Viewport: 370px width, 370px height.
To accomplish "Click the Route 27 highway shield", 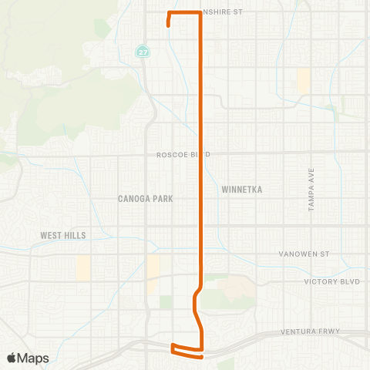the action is pyautogui.click(x=143, y=52).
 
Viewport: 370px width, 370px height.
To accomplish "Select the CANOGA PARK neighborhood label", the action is pyautogui.click(x=146, y=198).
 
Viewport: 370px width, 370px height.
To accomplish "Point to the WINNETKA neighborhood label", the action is pyautogui.click(x=241, y=189).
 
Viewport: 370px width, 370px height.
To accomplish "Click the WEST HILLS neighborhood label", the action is pyautogui.click(x=64, y=235).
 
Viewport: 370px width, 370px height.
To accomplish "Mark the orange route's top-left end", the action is pyautogui.click(x=168, y=25).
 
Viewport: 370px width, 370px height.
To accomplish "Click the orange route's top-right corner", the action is pyautogui.click(x=200, y=13).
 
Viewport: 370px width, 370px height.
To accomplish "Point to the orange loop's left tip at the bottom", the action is pyautogui.click(x=172, y=346).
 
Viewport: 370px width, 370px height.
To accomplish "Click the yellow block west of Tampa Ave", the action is pyautogui.click(x=303, y=80).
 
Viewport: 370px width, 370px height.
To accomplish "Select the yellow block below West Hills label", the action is pyautogui.click(x=82, y=267).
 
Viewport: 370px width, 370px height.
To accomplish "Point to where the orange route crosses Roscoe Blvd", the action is pyautogui.click(x=201, y=154).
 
